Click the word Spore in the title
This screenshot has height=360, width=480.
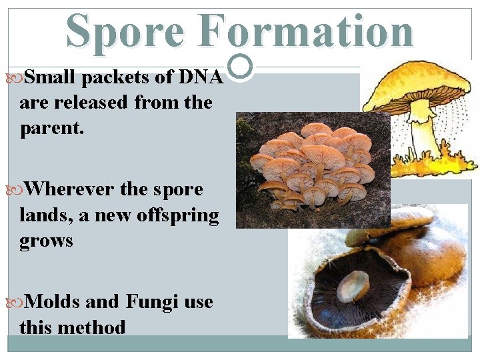pyautogui.click(x=125, y=31)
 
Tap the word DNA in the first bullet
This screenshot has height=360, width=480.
pyautogui.click(x=201, y=77)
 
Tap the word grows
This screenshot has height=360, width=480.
pyautogui.click(x=46, y=241)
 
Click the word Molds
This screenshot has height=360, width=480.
pyautogui.click(x=54, y=302)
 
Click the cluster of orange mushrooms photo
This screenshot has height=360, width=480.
pyautogui.click(x=312, y=170)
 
